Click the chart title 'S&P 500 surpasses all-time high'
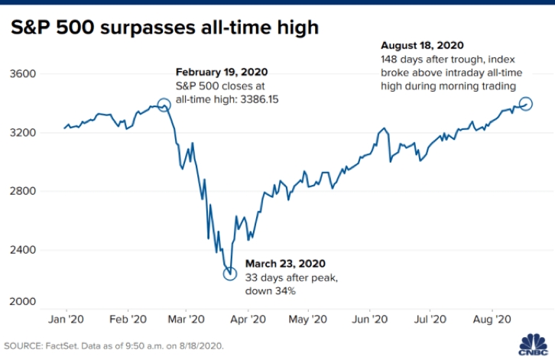pos(164,28)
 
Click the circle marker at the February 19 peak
pos(164,105)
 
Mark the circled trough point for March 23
pos(229,274)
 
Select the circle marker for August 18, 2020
pos(526,103)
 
